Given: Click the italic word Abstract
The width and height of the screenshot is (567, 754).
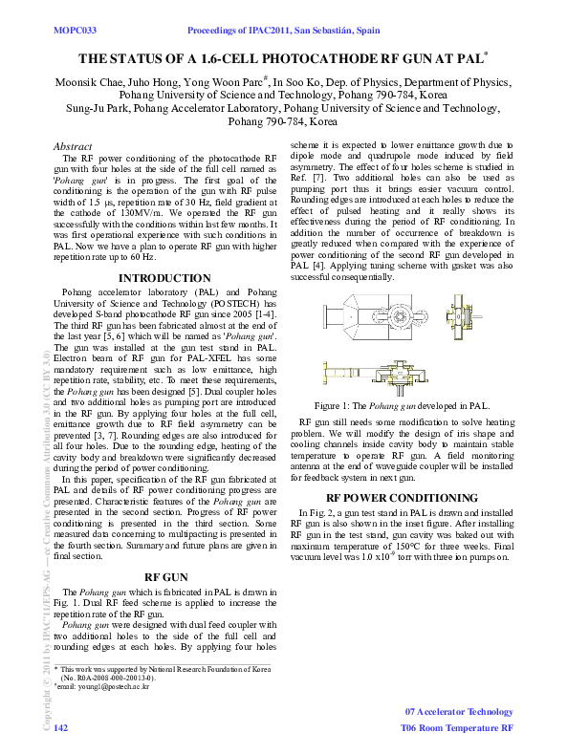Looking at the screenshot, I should (x=70, y=145).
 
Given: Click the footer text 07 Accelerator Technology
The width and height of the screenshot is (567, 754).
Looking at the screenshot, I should (x=459, y=712).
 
